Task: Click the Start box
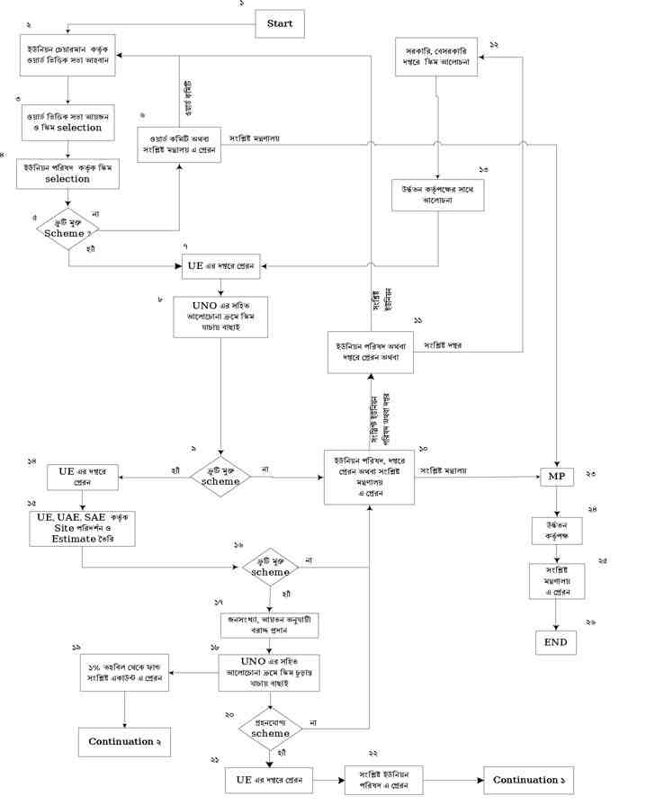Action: click(280, 23)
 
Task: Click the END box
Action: click(555, 642)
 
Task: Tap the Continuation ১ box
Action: click(528, 780)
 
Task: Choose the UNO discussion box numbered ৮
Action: click(220, 317)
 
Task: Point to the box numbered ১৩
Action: click(438, 194)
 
